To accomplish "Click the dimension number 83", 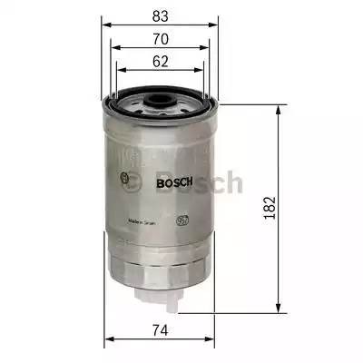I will pos(161,15).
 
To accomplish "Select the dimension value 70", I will pos(161,39).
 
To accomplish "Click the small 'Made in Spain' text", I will pos(142,220).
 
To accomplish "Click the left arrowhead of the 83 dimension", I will pos(103,26).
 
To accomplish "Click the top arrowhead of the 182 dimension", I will pos(277,107).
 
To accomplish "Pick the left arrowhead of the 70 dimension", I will pos(112,51).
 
